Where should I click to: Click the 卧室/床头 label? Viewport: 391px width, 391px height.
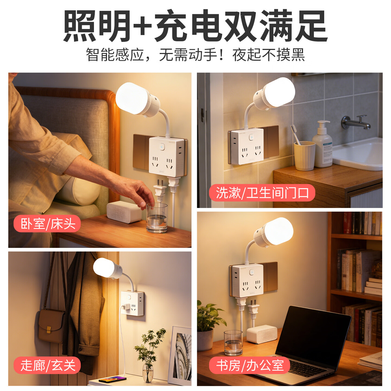tap(47, 223)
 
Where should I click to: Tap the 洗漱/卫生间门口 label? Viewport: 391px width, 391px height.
tap(262, 193)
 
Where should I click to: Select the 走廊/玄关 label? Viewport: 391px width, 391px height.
tap(47, 365)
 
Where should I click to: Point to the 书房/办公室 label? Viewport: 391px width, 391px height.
tap(249, 365)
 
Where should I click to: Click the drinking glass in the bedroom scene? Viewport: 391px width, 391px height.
tap(157, 218)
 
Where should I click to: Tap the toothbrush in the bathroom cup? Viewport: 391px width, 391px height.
tap(295, 134)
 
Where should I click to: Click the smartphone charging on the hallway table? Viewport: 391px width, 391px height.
tap(112, 379)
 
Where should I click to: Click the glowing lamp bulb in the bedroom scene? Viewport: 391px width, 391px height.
tap(132, 98)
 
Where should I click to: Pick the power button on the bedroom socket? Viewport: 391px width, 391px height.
tap(162, 147)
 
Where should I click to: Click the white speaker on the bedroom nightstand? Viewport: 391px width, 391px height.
tap(124, 212)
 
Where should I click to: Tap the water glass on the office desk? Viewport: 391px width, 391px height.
tap(233, 343)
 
